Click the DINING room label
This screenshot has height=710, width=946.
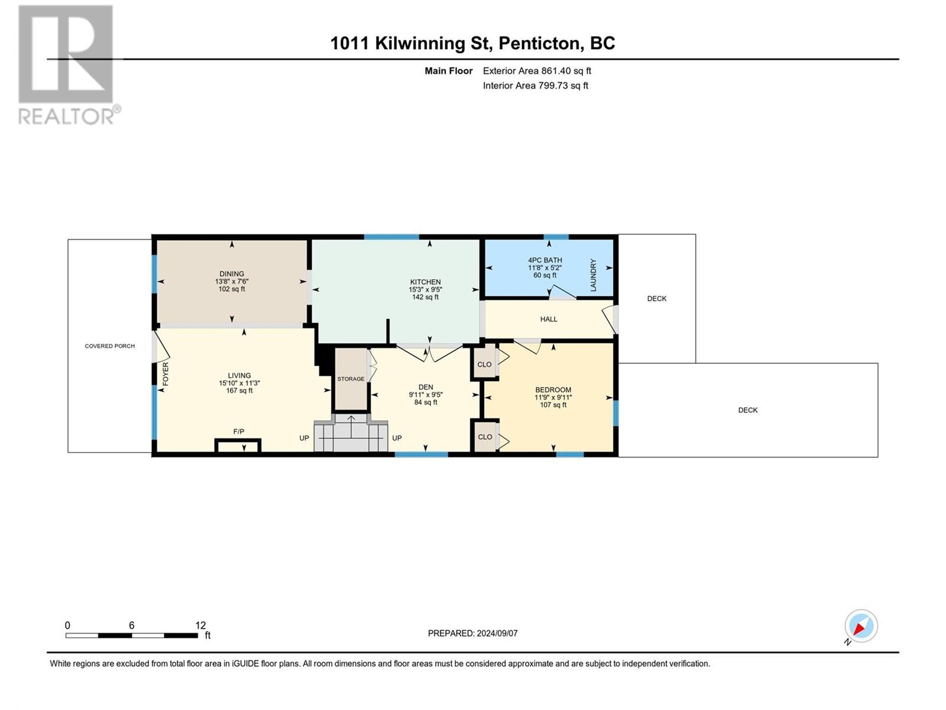coord(231,274)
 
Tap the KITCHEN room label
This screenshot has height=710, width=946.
coord(425,282)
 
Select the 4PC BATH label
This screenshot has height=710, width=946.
coord(545,260)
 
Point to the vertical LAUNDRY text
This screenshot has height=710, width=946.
coord(593,275)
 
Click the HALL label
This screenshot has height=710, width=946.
coord(549,319)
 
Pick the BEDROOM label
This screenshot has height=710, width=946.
coord(553,390)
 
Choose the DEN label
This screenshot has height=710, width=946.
coord(425,387)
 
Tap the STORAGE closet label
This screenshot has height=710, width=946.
coord(351,379)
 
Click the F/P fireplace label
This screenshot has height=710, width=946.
coord(238,431)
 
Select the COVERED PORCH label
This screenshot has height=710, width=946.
coord(109,346)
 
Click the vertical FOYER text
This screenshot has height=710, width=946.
coord(166,374)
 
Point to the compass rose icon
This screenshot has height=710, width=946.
coord(861,625)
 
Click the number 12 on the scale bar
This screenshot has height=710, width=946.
coord(200,625)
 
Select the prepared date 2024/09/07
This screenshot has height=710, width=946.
coord(497,633)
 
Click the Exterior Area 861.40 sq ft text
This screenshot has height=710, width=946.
coord(537,70)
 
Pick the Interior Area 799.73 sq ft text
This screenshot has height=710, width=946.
coord(535,85)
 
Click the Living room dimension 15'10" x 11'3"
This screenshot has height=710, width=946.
coord(239,383)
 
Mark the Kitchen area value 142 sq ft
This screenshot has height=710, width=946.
coord(425,297)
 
